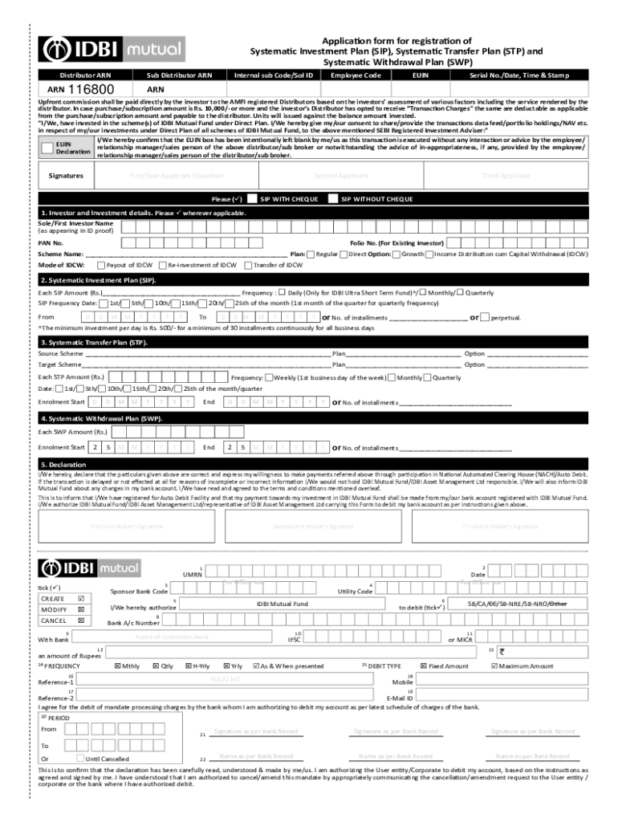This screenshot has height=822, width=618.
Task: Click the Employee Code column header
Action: (356, 75)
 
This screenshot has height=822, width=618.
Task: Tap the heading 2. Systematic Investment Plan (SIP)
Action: (99, 280)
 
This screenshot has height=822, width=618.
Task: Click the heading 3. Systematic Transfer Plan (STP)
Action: (94, 342)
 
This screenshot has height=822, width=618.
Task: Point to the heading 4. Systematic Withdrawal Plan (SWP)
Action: (102, 418)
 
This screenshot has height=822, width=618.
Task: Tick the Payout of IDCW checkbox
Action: (100, 264)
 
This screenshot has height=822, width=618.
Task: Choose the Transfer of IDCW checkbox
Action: (247, 264)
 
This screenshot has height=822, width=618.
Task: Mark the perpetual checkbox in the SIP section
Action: (486, 317)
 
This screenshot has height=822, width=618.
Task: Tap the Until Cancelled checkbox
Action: (79, 758)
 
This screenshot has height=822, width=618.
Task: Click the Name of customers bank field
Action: (172, 637)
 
